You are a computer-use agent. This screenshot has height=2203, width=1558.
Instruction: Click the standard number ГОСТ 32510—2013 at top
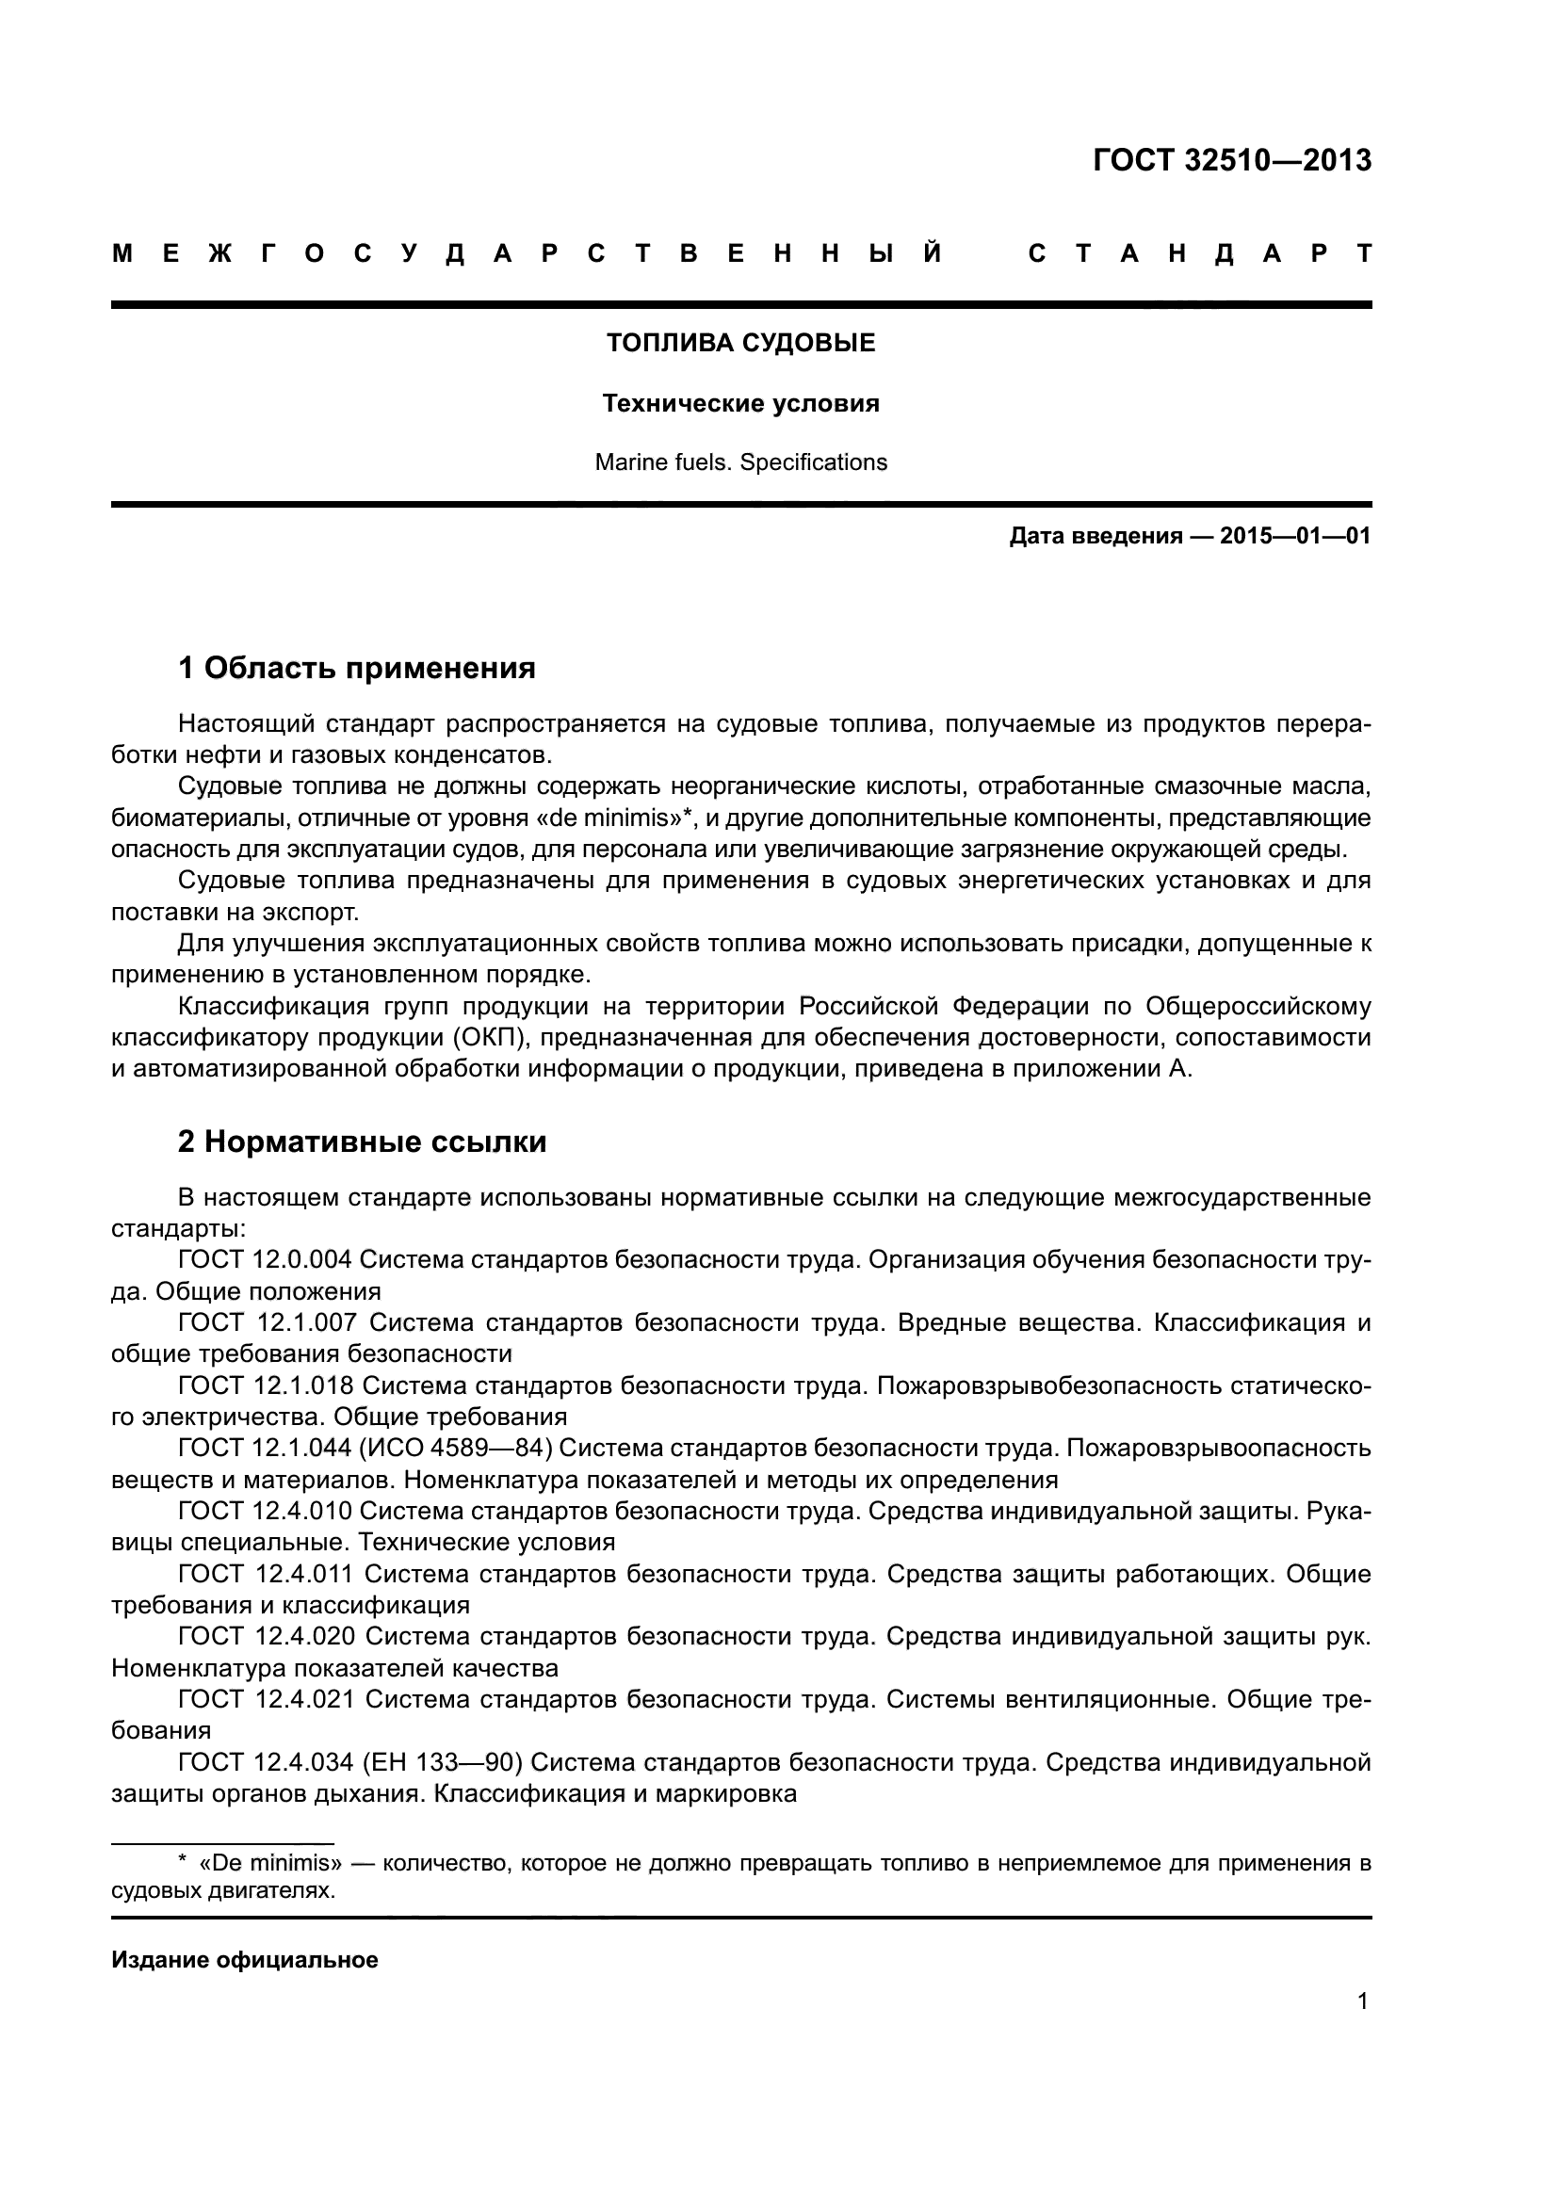tap(1232, 160)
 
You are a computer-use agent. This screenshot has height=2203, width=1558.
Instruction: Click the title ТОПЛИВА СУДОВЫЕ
tap(740, 343)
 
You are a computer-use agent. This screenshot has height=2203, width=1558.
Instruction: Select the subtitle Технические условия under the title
tap(740, 403)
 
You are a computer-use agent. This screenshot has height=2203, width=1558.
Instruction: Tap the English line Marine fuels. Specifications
tap(740, 462)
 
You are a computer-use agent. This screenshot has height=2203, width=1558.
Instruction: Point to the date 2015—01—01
tap(1295, 535)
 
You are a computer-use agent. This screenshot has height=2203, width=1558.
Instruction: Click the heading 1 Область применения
tap(357, 667)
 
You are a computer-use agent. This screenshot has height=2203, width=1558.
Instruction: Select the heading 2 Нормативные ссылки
tap(363, 1141)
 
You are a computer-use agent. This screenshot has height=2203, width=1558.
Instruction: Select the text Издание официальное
tap(245, 1959)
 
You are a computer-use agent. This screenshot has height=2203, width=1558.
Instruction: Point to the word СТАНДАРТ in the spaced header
tap(1199, 253)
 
